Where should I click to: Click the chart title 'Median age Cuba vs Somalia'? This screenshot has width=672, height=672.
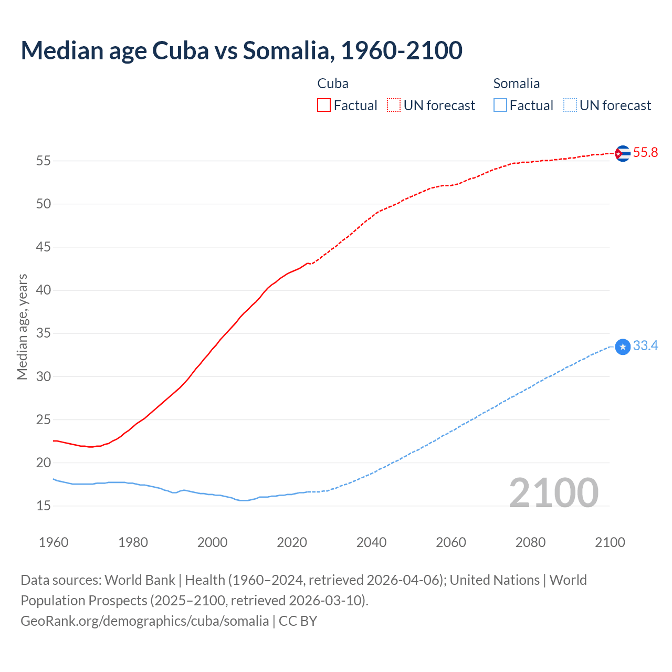tap(241, 50)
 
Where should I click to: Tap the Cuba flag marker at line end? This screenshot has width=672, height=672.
tap(622, 153)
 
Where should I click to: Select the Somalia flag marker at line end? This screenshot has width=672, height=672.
tap(622, 346)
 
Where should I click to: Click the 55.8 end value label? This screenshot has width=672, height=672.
tap(645, 153)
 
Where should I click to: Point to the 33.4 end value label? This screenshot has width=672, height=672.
tap(645, 346)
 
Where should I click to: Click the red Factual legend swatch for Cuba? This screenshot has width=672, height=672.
tap(324, 106)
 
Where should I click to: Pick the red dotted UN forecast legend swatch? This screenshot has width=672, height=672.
tap(394, 106)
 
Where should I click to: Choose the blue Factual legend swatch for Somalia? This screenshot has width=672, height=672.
tap(500, 106)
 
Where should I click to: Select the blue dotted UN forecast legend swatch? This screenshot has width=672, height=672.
tap(570, 106)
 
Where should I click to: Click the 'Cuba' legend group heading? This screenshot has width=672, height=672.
tap(333, 83)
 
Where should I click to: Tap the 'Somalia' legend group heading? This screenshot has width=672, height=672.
tap(517, 83)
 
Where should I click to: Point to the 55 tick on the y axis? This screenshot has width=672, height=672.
tap(44, 161)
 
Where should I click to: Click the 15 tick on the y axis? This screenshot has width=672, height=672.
tap(44, 506)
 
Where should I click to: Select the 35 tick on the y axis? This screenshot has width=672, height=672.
tap(44, 333)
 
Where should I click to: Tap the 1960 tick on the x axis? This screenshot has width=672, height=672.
tap(54, 542)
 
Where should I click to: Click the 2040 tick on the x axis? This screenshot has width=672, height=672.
tap(371, 542)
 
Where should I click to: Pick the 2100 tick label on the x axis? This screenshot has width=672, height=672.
tap(610, 542)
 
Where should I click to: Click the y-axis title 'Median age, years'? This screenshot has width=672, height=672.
tap(22, 327)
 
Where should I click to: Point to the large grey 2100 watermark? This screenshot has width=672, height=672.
tap(553, 493)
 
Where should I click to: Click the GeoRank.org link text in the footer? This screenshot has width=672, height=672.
tap(144, 621)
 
